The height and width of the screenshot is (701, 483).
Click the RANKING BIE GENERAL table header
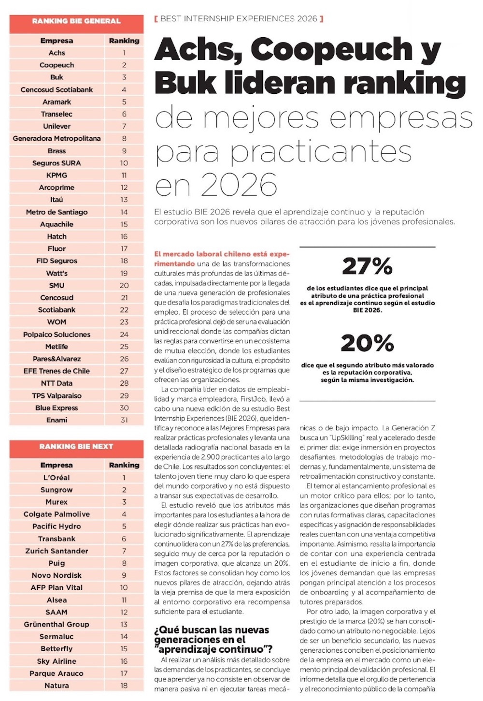(76, 21)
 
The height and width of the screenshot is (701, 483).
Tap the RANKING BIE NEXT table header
(76, 446)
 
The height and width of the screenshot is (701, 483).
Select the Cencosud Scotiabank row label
(57, 90)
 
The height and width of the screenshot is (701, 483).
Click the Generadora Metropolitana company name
(57, 138)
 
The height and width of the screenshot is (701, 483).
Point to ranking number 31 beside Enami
(124, 420)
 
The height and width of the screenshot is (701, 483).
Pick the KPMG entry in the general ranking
(57, 175)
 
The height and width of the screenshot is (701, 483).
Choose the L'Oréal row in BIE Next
(57, 478)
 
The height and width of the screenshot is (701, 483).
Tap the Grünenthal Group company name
(57, 624)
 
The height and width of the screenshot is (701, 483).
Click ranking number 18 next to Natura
(124, 686)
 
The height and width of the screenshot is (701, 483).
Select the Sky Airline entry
(57, 661)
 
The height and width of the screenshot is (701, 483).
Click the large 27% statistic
(367, 266)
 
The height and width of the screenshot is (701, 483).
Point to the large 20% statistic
(367, 343)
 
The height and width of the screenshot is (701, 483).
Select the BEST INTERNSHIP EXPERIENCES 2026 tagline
(239, 19)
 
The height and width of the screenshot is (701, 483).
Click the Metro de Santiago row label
(57, 212)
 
